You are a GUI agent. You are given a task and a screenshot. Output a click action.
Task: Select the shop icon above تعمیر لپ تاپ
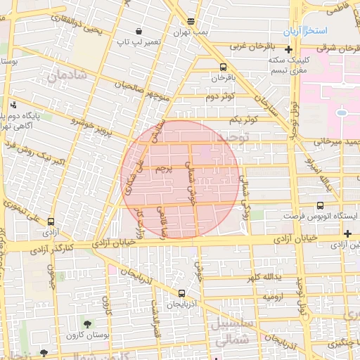[x=139, y=32]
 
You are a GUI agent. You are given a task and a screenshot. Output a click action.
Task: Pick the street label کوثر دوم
[x=219, y=97]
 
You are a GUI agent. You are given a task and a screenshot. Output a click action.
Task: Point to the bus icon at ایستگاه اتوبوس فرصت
[x=321, y=205]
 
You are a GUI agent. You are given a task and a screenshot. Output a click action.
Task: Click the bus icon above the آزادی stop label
[x=50, y=221]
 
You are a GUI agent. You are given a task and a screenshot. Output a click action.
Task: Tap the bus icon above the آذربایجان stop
[x=181, y=293]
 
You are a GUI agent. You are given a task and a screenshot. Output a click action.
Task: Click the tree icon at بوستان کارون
[x=87, y=324]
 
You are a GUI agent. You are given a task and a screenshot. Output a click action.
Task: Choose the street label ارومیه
[x=275, y=297]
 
